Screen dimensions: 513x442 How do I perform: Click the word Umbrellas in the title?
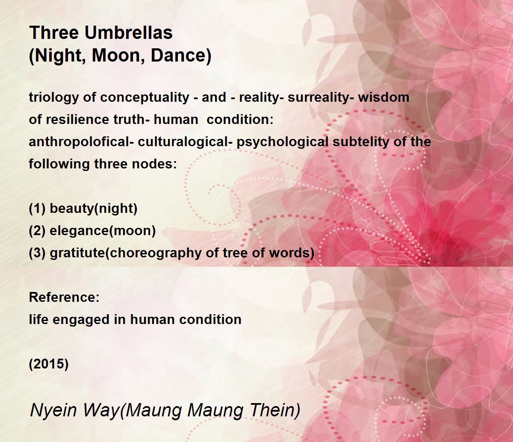(129, 32)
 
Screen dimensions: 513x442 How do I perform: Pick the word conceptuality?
(144, 97)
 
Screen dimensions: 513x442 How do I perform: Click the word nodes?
(154, 164)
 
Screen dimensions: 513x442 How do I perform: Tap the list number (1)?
(37, 209)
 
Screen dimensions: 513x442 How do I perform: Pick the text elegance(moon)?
(103, 231)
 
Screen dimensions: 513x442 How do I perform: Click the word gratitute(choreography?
(126, 253)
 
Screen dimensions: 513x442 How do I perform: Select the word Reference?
(64, 297)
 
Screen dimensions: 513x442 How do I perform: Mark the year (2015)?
(49, 364)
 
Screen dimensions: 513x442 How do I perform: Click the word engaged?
(81, 320)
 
